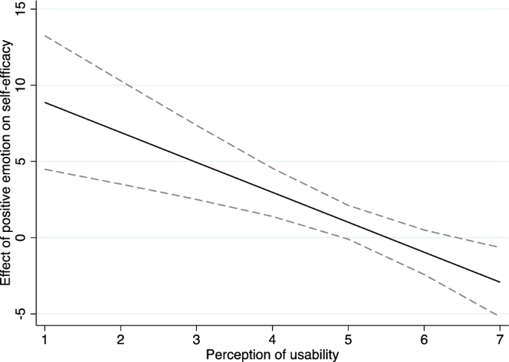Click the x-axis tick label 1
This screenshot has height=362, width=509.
(45, 338)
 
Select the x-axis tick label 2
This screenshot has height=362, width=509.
(121, 338)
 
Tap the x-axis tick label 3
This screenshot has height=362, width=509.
(196, 338)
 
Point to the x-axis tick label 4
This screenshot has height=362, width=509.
(272, 338)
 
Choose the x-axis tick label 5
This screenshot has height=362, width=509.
(348, 338)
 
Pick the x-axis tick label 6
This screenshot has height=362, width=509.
(424, 338)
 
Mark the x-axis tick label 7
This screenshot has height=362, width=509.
(499, 338)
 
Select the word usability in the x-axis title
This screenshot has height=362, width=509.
(313, 355)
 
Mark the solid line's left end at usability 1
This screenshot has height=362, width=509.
(45, 103)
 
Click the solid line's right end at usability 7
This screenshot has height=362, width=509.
(499, 282)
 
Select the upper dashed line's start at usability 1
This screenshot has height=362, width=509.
(45, 35)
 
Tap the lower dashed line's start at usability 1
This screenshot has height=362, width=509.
(45, 169)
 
